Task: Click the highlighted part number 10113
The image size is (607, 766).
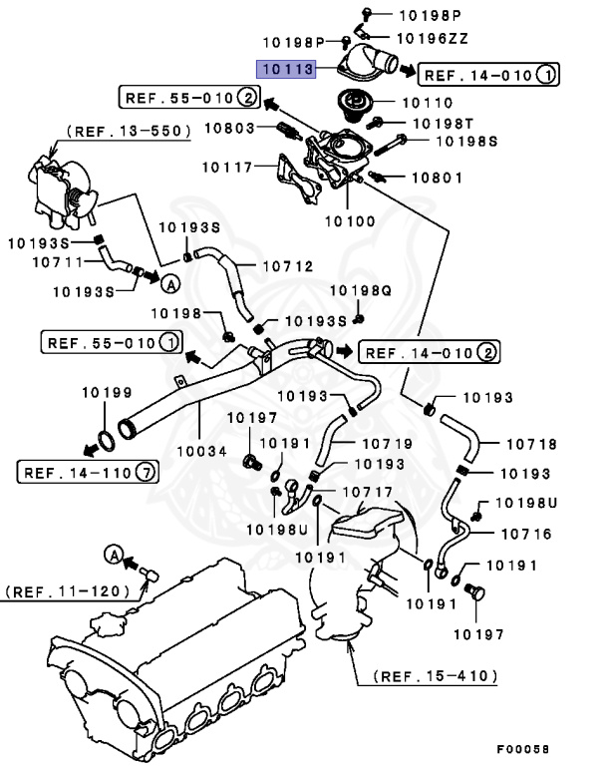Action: pos(286,70)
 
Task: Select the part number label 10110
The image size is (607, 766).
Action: pos(426,103)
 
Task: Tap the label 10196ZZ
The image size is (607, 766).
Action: pos(432,38)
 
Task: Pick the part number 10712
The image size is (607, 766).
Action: pos(287,266)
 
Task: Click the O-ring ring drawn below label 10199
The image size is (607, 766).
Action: pos(107,438)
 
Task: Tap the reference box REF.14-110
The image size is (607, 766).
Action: pos(86,472)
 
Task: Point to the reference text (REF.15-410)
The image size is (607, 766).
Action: pos(436,675)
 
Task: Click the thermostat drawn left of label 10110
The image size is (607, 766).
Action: pos(351,104)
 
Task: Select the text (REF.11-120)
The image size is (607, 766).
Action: pos(68,590)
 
